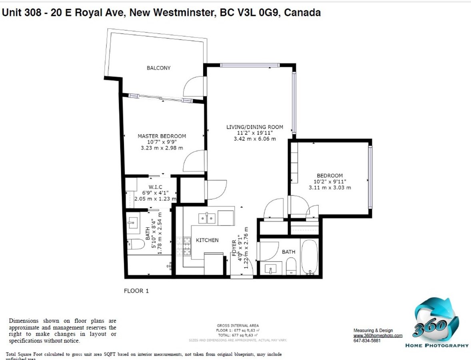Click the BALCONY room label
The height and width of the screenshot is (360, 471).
click(158, 68)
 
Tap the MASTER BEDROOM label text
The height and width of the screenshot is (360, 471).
click(162, 136)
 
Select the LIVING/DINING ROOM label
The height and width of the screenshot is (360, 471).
click(255, 127)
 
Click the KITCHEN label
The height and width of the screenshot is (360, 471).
click(207, 240)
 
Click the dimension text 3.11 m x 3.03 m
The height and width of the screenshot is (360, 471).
click(329, 188)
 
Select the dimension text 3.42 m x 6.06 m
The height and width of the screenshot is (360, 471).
click(255, 139)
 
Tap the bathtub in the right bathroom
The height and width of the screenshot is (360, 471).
click(309, 256)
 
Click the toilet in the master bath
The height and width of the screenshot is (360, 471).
click(135, 244)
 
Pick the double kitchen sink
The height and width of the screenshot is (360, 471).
click(207, 218)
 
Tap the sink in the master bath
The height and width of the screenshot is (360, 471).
click(133, 222)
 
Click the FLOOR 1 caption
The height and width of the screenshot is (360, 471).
click(136, 291)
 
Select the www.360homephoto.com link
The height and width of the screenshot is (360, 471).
click(377, 336)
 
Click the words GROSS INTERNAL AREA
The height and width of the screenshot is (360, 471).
click(237, 326)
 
